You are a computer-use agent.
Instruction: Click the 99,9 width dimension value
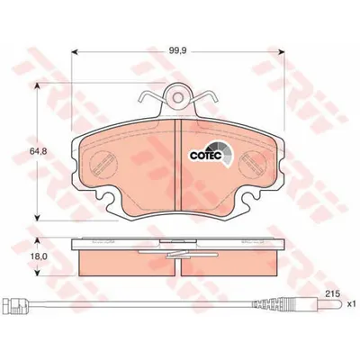point(178,51)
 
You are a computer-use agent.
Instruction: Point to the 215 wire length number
point(333,293)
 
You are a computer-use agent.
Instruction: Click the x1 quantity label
point(351,304)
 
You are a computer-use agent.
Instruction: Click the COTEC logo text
point(206,156)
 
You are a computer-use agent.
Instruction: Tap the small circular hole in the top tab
point(178,97)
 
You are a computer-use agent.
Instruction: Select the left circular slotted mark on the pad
point(103,164)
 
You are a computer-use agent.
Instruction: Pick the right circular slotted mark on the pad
point(253,164)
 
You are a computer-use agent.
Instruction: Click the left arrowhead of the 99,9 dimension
point(75,52)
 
